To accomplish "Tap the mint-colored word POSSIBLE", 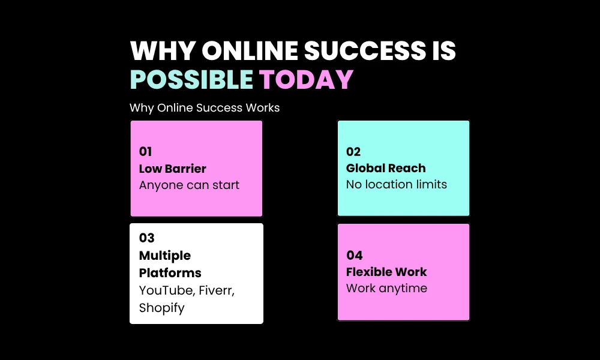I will pos(191,80).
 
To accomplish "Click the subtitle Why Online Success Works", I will pos(205,108).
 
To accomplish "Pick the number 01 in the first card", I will pos(146,152).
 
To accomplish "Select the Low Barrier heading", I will pos(173,169).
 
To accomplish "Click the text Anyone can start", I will pos(189,185).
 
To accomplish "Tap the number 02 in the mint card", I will pos(353,152).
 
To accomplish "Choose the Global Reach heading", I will pos(386,168).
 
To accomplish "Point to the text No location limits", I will pos(397,184).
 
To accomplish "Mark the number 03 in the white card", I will pos(146,238).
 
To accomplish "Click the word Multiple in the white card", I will pos(165,256).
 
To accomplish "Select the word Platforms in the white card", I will pos(170,273).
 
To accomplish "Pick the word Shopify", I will pos(162,308).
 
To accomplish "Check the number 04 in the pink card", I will pos(354,255).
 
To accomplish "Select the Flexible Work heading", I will pos(386,272).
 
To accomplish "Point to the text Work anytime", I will pos(386,288).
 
